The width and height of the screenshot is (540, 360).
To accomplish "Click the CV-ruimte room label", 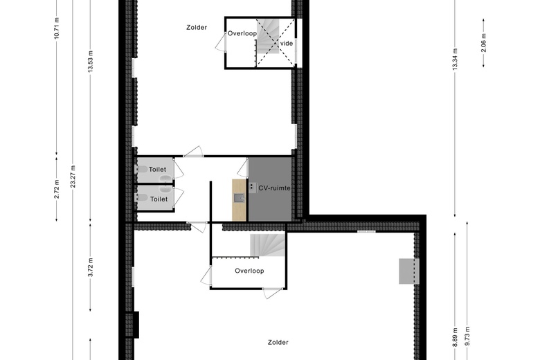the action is tap(274, 188).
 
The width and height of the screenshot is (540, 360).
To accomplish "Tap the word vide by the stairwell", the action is tap(287, 44).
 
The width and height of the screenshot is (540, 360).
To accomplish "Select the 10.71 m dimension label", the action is tap(57, 28).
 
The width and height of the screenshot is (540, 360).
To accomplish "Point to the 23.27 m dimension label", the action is tap(73, 177).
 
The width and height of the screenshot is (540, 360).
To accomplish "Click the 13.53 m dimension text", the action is tap(90, 62).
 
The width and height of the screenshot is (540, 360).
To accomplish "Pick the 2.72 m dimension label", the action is tap(57, 189).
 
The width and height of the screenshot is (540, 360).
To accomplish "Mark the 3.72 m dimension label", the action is tap(90, 267).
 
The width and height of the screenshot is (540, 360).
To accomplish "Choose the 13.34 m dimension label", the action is tap(455, 60).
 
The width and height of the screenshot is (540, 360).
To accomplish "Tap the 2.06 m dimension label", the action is tap(483, 43).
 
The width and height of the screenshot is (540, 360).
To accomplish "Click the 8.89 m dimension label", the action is tap(455, 337).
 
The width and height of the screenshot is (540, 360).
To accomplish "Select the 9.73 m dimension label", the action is tap(467, 336).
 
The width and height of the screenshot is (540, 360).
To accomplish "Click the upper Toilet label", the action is tap(157, 170).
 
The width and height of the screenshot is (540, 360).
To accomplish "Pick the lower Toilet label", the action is tap(159, 199).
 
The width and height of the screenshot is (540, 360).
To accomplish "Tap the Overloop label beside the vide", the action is tap(242, 33).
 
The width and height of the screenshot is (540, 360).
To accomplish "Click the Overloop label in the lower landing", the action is tap(249, 271).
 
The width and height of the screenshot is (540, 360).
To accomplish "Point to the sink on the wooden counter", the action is tap(239, 198).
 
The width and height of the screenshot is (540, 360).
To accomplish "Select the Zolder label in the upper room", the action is tap(197, 27).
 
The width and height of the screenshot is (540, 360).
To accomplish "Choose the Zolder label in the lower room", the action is tap(278, 343).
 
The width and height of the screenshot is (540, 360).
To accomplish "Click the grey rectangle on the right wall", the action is tap(409, 271).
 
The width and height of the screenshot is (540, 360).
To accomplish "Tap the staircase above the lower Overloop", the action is tap(268, 245).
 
